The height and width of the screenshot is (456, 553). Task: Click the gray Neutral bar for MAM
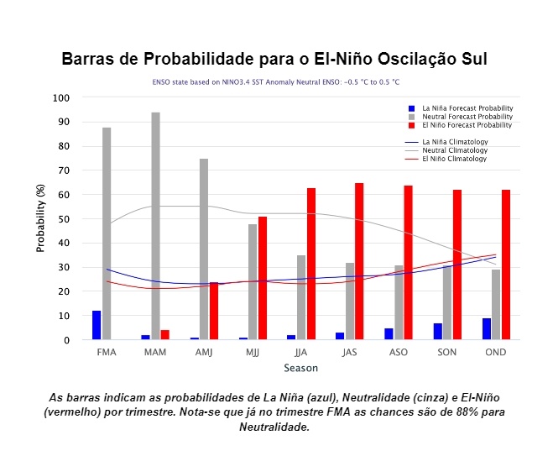[x=155, y=226]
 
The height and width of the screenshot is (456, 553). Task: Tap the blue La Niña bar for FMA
[x=97, y=325]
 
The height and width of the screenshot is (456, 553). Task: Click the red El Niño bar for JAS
[x=359, y=261]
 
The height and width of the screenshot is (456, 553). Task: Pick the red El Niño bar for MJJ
[x=262, y=278]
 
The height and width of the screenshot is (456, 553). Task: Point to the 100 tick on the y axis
[x=60, y=98]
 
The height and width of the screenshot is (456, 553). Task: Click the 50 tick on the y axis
[x=64, y=219]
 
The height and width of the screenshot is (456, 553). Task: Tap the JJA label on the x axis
[x=301, y=353]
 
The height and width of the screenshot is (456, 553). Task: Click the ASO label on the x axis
[x=399, y=353]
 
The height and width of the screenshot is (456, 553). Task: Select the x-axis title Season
[x=301, y=369]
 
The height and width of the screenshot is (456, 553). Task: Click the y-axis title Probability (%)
[x=40, y=219]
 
